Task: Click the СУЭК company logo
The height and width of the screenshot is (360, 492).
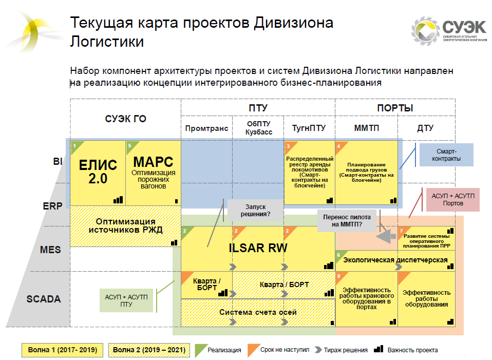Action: (x=449, y=30)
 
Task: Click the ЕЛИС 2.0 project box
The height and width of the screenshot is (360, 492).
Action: (x=98, y=173)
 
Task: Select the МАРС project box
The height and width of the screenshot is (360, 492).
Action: (x=154, y=173)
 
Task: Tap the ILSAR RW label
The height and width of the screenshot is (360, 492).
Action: (x=258, y=248)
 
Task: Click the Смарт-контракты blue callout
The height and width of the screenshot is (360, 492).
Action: (x=446, y=155)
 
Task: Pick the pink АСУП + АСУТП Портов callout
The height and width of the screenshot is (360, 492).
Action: (x=453, y=200)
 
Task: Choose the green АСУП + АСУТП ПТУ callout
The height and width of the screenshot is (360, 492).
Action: (x=126, y=300)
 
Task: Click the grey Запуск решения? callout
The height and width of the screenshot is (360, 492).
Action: (x=255, y=210)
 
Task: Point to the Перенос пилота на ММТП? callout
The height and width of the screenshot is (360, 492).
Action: (x=347, y=221)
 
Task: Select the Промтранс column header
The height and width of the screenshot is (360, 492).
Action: (x=206, y=128)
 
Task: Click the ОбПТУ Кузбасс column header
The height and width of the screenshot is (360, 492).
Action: (x=258, y=128)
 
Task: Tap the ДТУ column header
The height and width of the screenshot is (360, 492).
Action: (x=425, y=128)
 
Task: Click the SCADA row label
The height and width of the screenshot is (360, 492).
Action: (x=44, y=299)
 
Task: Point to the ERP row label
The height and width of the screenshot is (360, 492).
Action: (x=52, y=206)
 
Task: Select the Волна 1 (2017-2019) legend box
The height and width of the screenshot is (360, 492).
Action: (x=62, y=350)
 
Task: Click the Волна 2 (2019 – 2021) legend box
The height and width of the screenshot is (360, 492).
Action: (x=149, y=350)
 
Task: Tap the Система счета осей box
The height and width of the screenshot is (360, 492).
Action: (x=258, y=313)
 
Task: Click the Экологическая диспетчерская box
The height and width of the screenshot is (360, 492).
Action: (x=395, y=260)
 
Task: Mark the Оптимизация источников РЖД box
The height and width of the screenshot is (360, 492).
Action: (x=125, y=226)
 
